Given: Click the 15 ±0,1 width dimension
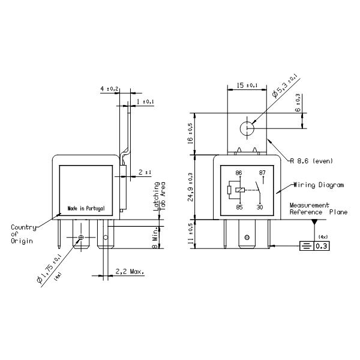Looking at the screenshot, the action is pyautogui.click(x=247, y=85).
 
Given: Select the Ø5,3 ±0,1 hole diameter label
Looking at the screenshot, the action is pyautogui.click(x=286, y=85).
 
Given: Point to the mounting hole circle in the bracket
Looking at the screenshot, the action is pyautogui.click(x=247, y=128).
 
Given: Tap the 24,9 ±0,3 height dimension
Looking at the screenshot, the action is pyautogui.click(x=191, y=187).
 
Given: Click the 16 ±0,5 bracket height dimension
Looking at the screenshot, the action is pyautogui.click(x=191, y=133).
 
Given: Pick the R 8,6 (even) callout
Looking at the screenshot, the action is pyautogui.click(x=311, y=161).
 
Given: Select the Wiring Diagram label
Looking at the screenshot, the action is pyautogui.click(x=319, y=185).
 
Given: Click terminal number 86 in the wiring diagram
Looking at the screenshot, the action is pyautogui.click(x=239, y=173).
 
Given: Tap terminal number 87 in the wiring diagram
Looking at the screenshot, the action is pyautogui.click(x=262, y=173).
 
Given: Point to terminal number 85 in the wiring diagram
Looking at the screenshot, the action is pyautogui.click(x=239, y=207).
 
